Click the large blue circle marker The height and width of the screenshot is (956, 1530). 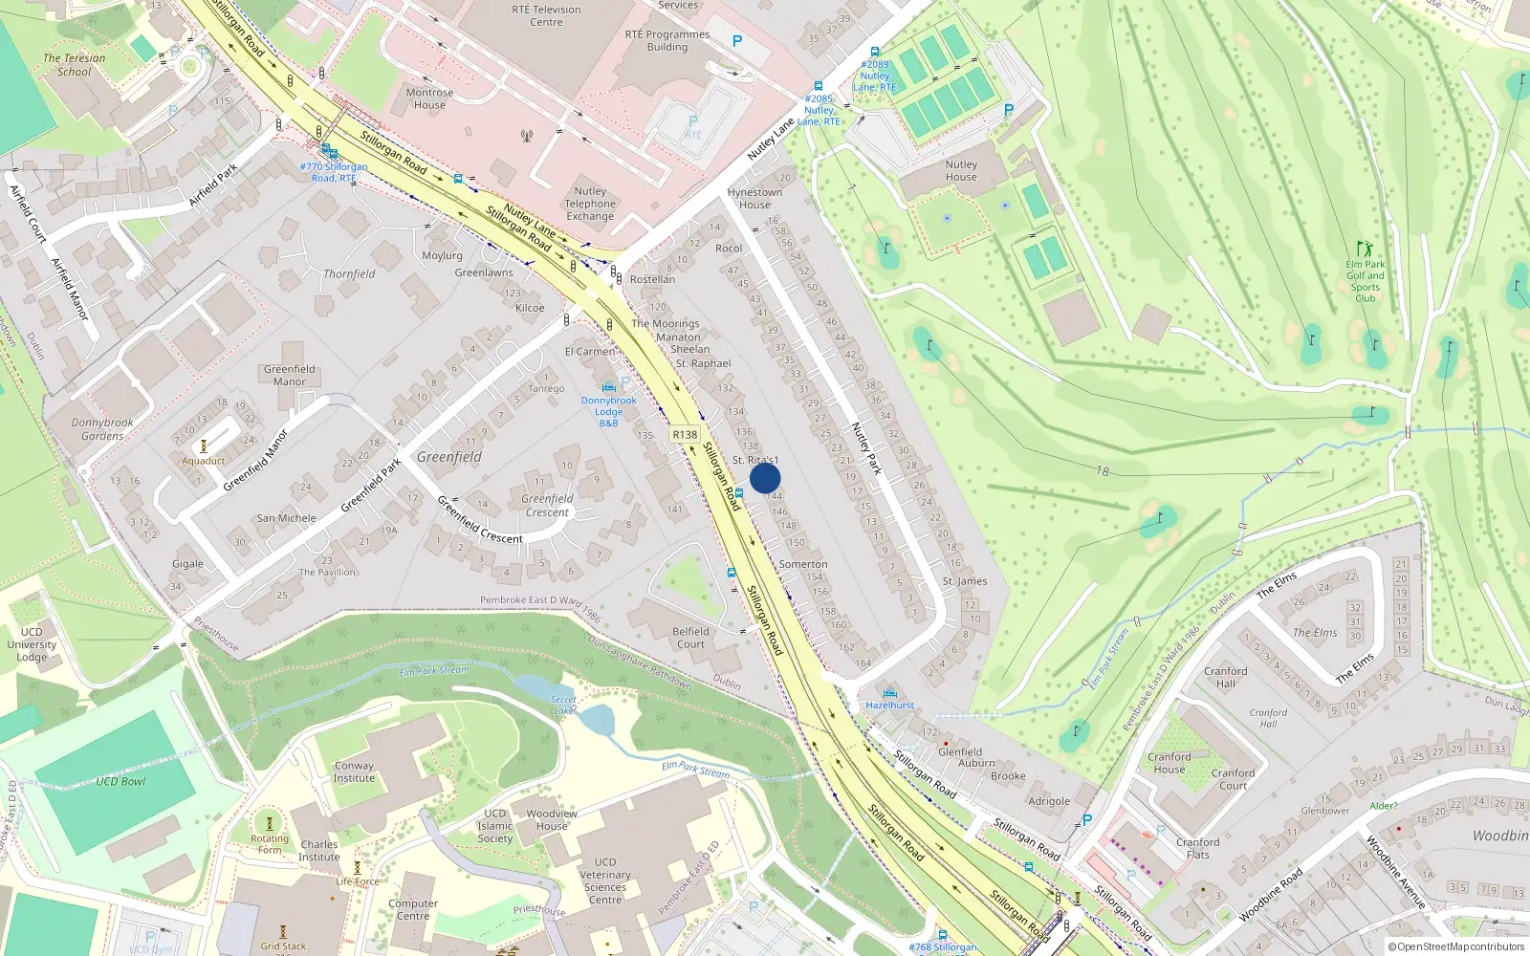click(765, 478)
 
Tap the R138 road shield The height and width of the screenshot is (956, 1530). click(685, 434)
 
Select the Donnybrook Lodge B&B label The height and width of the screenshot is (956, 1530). click(608, 411)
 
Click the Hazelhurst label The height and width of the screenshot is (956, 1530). click(889, 705)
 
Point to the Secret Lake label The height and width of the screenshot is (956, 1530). click(563, 705)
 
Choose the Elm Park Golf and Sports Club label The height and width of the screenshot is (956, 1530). click(1365, 281)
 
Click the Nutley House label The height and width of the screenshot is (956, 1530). click(961, 170)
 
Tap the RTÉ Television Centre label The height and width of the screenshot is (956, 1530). click(546, 15)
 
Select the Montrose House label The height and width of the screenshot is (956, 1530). click(429, 98)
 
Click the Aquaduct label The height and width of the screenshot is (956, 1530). click(204, 461)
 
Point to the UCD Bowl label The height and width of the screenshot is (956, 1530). click(120, 781)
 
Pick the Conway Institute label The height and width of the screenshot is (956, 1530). click(354, 771)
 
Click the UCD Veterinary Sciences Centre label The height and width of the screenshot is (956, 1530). click(605, 880)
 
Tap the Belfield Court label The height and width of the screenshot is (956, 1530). click(690, 638)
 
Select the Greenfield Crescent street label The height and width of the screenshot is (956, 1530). click(480, 520)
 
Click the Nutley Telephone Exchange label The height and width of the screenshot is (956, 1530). click(590, 204)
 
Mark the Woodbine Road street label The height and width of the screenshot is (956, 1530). click(1271, 895)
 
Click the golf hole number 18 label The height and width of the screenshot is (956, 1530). click(1103, 470)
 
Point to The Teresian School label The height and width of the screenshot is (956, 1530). click(75, 64)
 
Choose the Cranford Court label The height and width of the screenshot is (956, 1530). click(1233, 779)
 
